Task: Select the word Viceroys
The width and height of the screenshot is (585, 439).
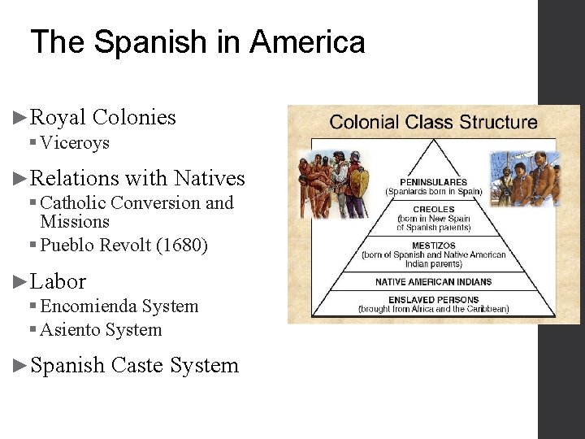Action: (x=75, y=143)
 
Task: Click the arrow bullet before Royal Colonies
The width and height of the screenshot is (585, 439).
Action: (x=21, y=118)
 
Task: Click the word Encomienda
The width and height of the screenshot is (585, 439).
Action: (x=89, y=306)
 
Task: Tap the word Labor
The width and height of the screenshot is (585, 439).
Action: (x=58, y=282)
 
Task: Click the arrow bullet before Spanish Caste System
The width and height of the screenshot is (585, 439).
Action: (x=21, y=366)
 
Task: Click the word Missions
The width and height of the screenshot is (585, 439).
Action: (x=75, y=222)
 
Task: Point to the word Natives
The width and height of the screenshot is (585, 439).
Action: (x=210, y=178)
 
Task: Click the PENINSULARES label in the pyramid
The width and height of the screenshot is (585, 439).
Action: (x=433, y=182)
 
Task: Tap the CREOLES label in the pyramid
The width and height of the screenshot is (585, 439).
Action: (x=433, y=209)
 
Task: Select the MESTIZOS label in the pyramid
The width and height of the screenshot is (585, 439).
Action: (x=433, y=245)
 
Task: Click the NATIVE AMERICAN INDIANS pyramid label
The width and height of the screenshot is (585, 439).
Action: (x=433, y=281)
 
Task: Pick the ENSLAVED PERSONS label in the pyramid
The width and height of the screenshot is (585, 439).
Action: (x=433, y=300)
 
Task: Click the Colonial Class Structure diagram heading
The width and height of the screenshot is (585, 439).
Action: (x=433, y=123)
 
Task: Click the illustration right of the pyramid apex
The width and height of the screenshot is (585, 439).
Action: (x=523, y=177)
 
